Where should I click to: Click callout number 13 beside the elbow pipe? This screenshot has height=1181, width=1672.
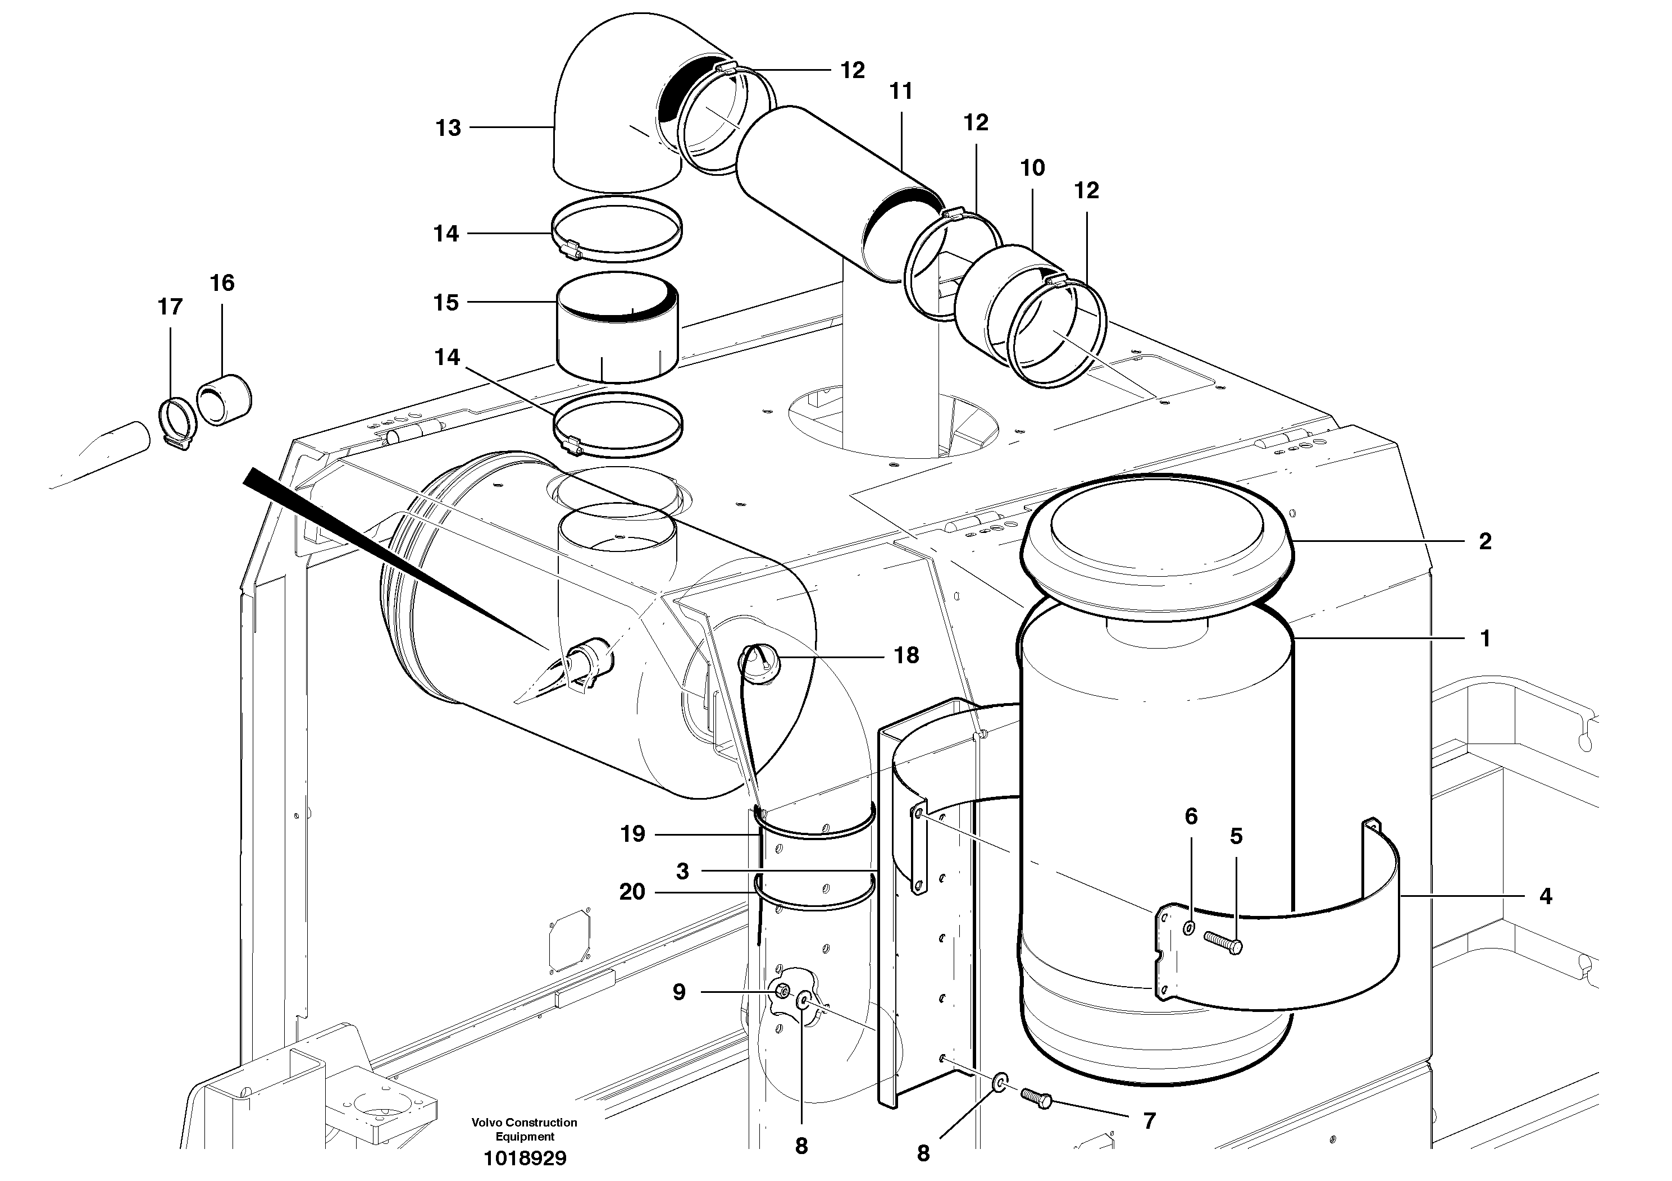pyautogui.click(x=448, y=128)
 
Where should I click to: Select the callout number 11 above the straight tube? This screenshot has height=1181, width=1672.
pyautogui.click(x=901, y=92)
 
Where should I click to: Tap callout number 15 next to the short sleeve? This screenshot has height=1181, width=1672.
pyautogui.click(x=446, y=302)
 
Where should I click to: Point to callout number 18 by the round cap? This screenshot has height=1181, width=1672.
pyautogui.click(x=906, y=655)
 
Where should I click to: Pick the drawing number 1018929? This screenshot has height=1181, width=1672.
pyautogui.click(x=525, y=1159)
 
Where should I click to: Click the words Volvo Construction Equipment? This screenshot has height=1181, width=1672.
pyautogui.click(x=525, y=1129)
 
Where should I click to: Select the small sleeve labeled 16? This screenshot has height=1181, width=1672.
pyautogui.click(x=224, y=400)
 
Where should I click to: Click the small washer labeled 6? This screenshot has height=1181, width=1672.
pyautogui.click(x=1188, y=928)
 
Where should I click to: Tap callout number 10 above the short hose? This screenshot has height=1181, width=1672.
pyautogui.click(x=1032, y=168)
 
